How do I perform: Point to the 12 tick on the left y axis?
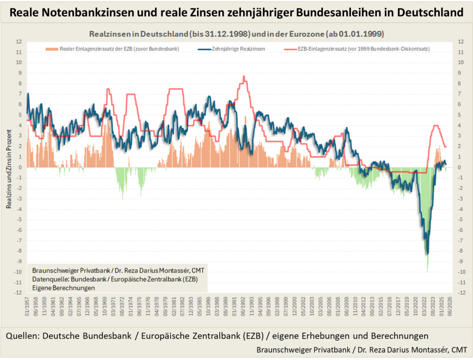point(19,42)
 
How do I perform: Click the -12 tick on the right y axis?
point(461,293)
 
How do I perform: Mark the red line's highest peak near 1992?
point(244,76)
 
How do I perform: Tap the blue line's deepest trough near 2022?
point(427,254)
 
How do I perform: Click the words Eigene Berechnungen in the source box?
point(63,288)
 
